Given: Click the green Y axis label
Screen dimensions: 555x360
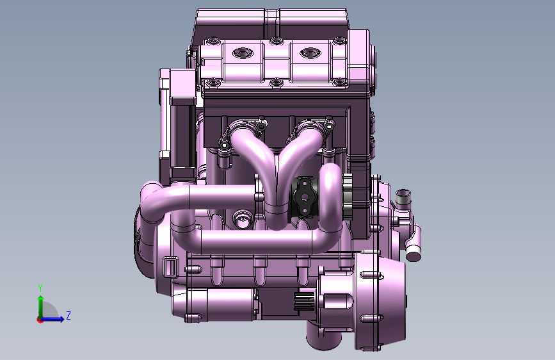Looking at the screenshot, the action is [40, 288].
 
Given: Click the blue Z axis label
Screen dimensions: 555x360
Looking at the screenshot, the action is [68, 315].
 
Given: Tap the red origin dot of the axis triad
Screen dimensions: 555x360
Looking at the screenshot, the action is [40, 320].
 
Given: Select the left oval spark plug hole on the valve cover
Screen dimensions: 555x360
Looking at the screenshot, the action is [243, 54].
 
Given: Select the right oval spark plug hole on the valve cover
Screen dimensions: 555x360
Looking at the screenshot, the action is [310, 54].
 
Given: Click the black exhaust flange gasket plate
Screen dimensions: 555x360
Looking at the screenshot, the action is [304, 197].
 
